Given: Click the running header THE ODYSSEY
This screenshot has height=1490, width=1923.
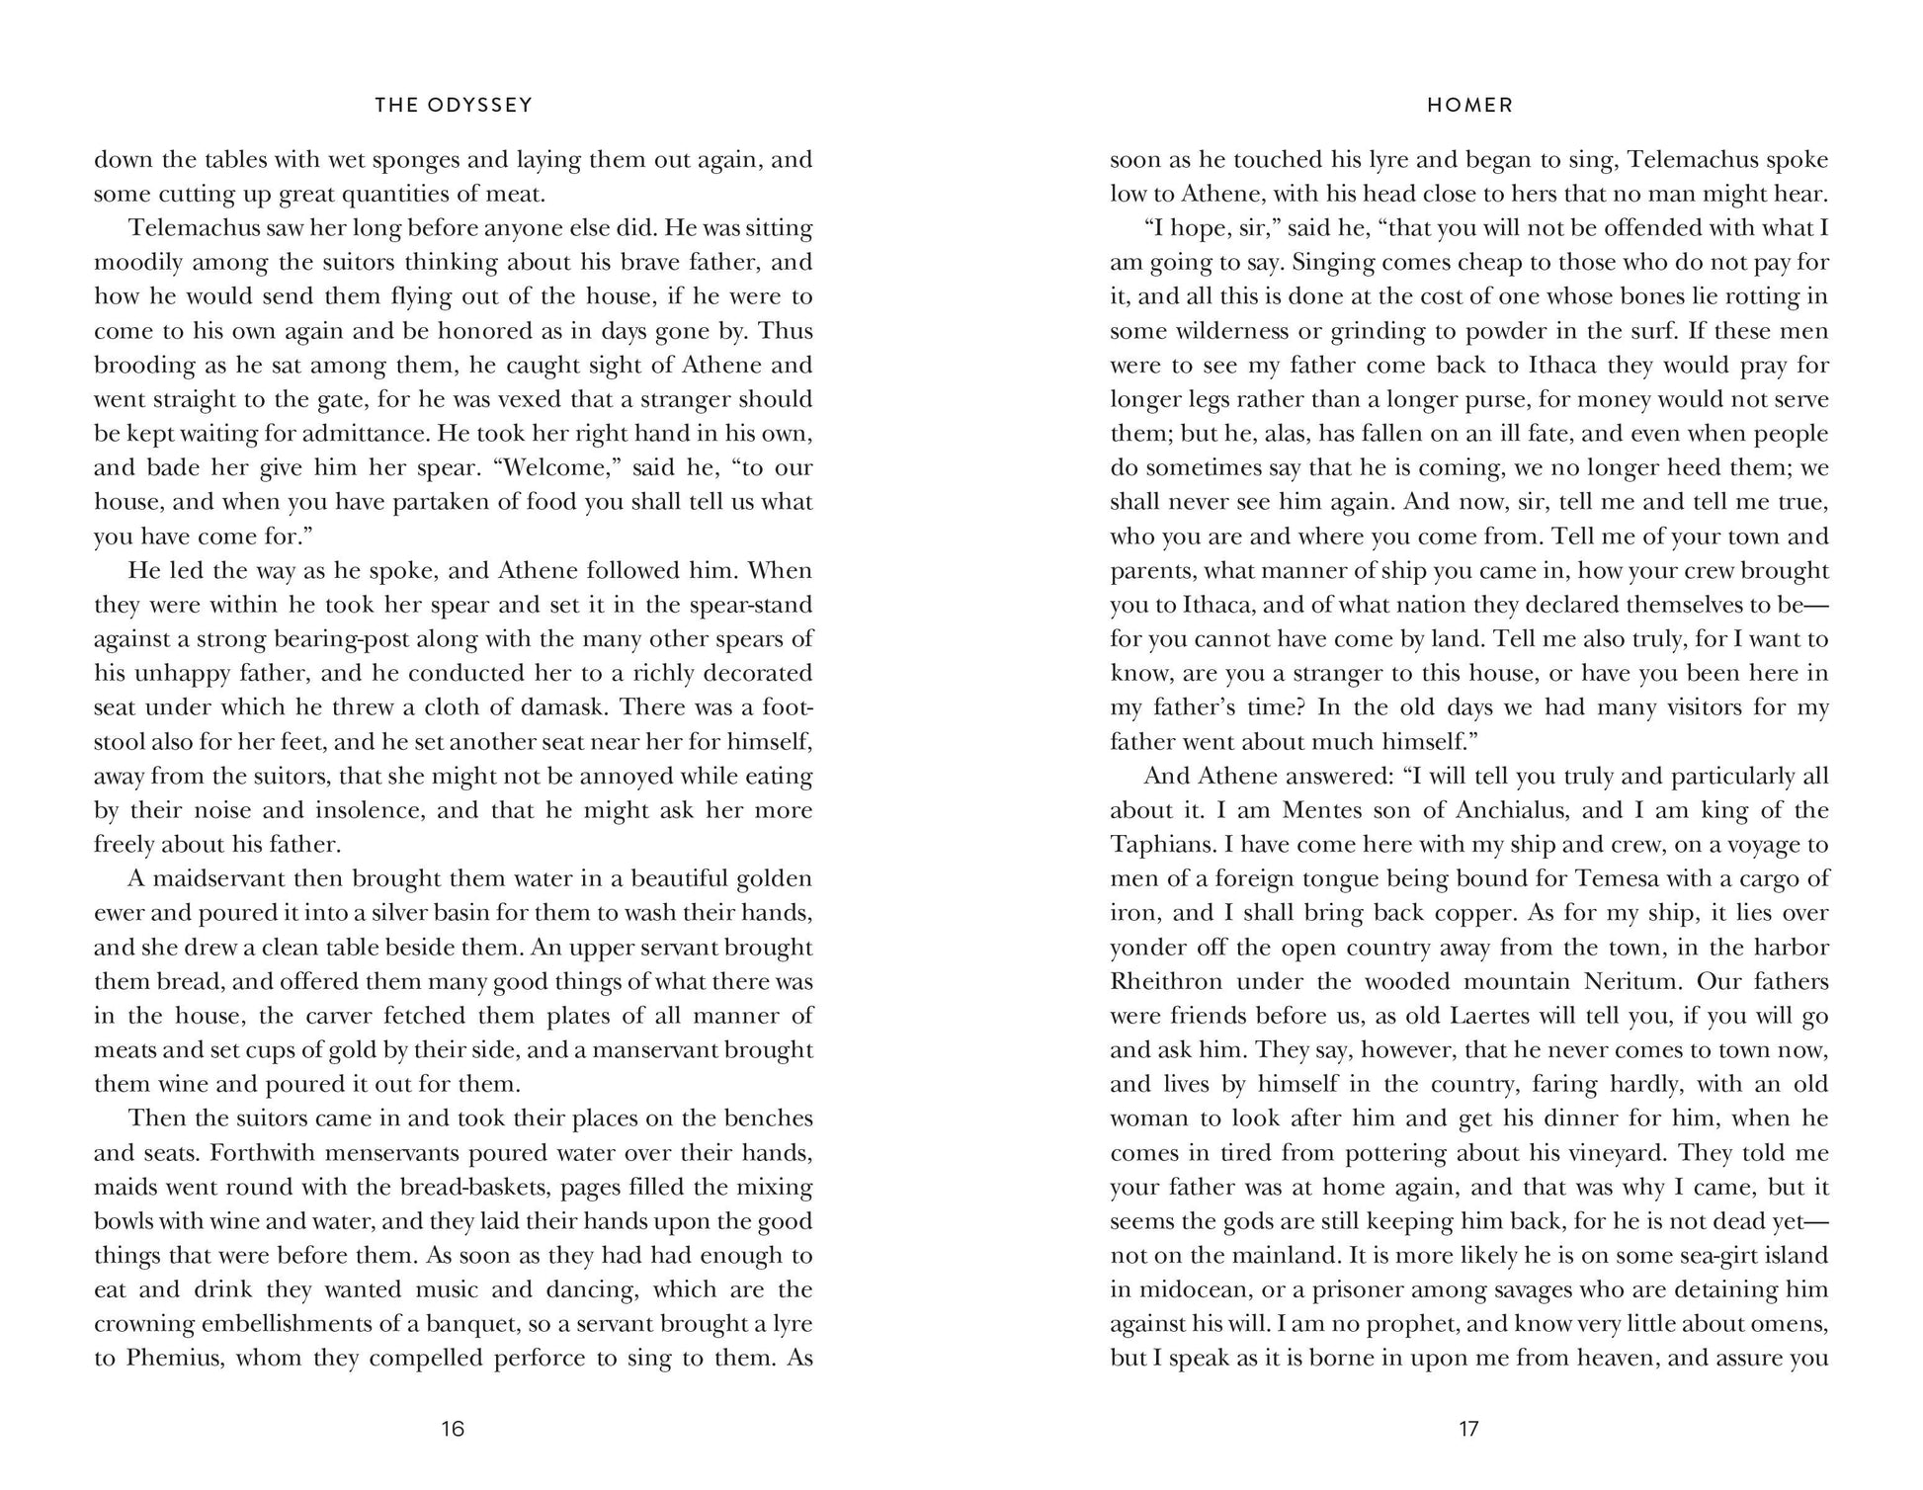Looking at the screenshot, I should tap(454, 105).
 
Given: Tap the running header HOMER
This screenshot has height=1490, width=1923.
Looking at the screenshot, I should tap(1469, 105).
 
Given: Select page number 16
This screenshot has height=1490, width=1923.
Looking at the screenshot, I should tap(453, 1429).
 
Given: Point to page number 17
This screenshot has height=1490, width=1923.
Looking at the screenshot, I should tap(1468, 1429).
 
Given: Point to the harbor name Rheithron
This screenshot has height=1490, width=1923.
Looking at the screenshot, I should tap(1166, 982).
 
